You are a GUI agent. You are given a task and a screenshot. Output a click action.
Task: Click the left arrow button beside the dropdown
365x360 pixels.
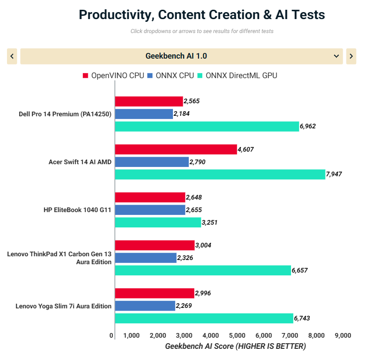click(x=12, y=56)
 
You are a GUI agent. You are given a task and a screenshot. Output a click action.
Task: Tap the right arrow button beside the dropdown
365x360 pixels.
click(x=351, y=56)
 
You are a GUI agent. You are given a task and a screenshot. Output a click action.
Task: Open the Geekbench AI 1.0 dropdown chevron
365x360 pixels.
click(x=337, y=56)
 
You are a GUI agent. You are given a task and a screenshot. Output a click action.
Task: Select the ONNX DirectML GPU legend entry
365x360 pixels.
click(x=237, y=75)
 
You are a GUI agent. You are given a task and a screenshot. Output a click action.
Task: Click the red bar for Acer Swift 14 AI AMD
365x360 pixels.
click(x=176, y=149)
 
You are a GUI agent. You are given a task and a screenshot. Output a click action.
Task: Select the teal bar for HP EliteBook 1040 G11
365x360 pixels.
click(x=158, y=222)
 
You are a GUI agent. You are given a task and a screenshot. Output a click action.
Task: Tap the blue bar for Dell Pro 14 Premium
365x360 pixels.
click(x=144, y=113)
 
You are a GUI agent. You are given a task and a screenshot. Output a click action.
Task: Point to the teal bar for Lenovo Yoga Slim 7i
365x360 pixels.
click(x=204, y=318)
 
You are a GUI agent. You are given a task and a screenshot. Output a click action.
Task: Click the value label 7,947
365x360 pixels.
click(x=334, y=174)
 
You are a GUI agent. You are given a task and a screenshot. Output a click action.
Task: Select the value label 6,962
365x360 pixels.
click(x=308, y=126)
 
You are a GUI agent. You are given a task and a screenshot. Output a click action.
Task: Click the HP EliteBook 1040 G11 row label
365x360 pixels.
click(x=78, y=210)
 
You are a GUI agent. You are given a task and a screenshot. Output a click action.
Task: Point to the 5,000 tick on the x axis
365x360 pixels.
click(x=237, y=335)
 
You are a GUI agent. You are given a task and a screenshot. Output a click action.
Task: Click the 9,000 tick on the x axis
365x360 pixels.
click(x=343, y=335)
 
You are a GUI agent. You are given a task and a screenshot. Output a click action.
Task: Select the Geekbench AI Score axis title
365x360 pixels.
click(x=235, y=347)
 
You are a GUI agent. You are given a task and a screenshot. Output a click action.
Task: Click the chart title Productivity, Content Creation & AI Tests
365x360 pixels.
click(x=202, y=14)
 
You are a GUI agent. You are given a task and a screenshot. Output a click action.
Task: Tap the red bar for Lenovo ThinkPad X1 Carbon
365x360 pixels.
click(x=155, y=245)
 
